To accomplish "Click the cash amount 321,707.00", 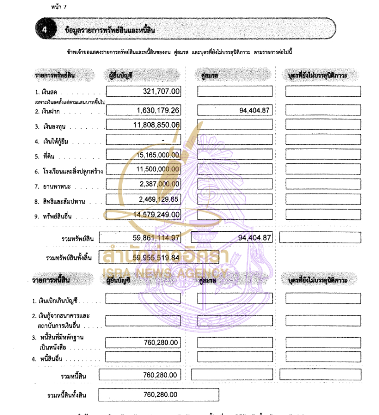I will click(161, 91).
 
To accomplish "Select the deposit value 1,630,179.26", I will click(153, 110).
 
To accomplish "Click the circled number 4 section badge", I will click(45, 29).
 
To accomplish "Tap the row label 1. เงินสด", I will click(46, 92).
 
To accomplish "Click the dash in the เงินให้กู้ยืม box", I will click(162, 140).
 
